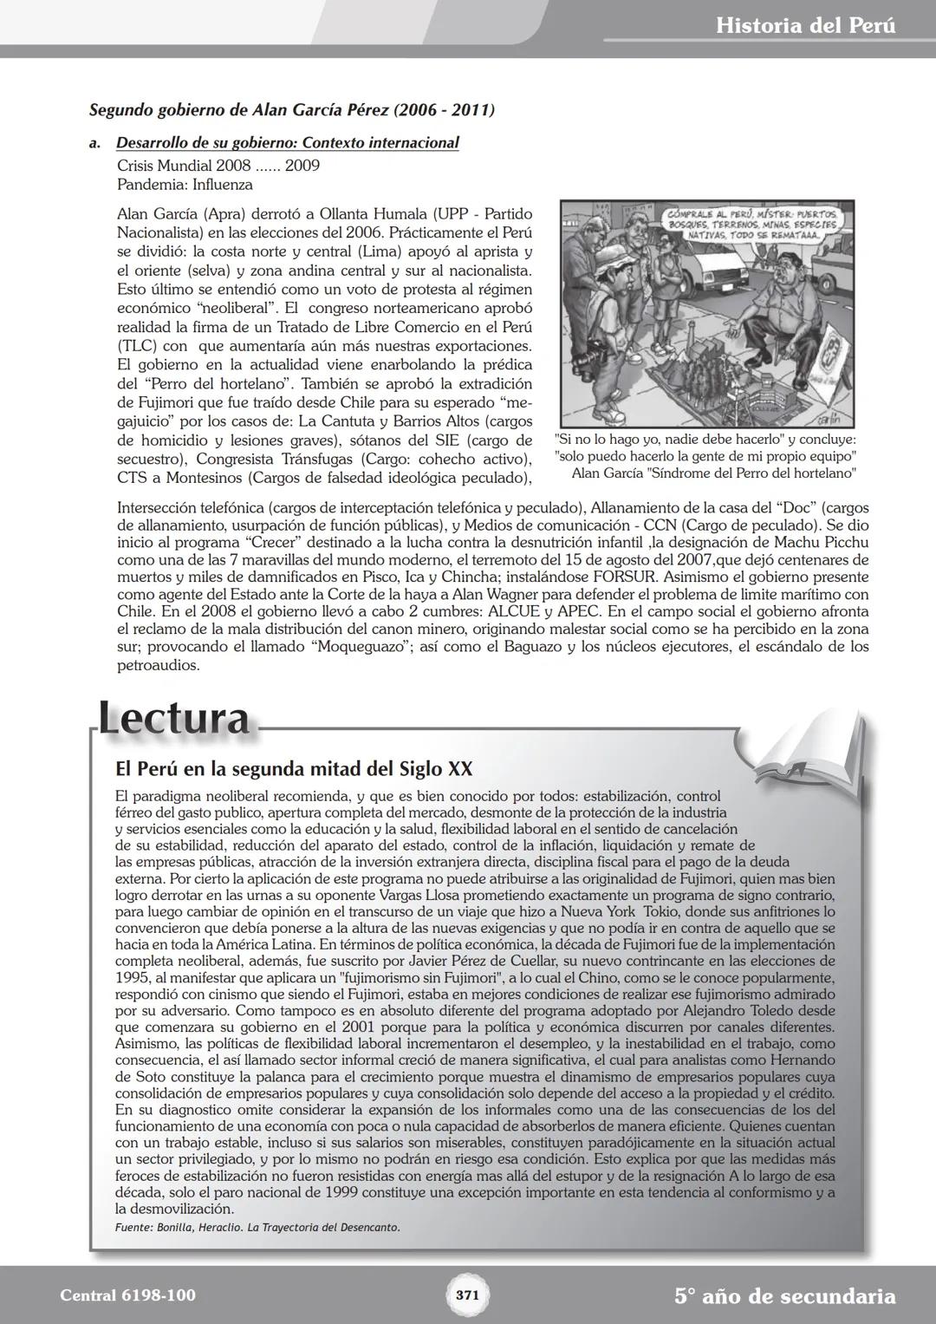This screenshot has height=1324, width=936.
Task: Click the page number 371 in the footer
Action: coord(467,1295)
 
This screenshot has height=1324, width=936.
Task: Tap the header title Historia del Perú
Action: coord(806,25)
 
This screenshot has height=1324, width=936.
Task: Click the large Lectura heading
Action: coord(173,720)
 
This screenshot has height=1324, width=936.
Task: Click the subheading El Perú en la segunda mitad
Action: coord(294,769)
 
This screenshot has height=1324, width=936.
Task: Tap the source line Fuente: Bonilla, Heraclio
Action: coord(257,1227)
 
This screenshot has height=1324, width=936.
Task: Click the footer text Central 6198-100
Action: coord(127,1295)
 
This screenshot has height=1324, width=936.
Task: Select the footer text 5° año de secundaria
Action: coord(784,1296)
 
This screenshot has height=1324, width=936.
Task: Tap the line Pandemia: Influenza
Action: coord(185,185)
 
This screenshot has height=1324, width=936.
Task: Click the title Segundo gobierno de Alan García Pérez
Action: coord(292,110)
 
